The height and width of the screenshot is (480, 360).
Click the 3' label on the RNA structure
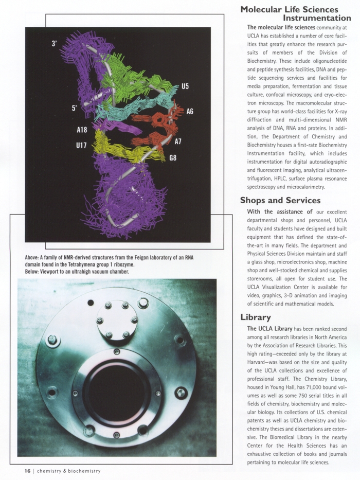coord(55,44)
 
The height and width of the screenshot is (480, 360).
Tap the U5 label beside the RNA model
coord(185,86)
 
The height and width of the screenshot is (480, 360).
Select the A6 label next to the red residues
coord(190,111)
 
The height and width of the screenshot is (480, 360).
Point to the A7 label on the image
coord(178,141)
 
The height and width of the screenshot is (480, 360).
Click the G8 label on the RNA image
coord(173,157)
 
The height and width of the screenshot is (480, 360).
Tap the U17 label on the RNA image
coord(81,146)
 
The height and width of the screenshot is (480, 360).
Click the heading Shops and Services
coord(280,200)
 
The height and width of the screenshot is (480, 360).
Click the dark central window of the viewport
coord(117,394)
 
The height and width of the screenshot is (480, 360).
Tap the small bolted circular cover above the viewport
coord(117,320)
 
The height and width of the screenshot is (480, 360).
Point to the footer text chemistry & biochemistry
coord(68,471)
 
